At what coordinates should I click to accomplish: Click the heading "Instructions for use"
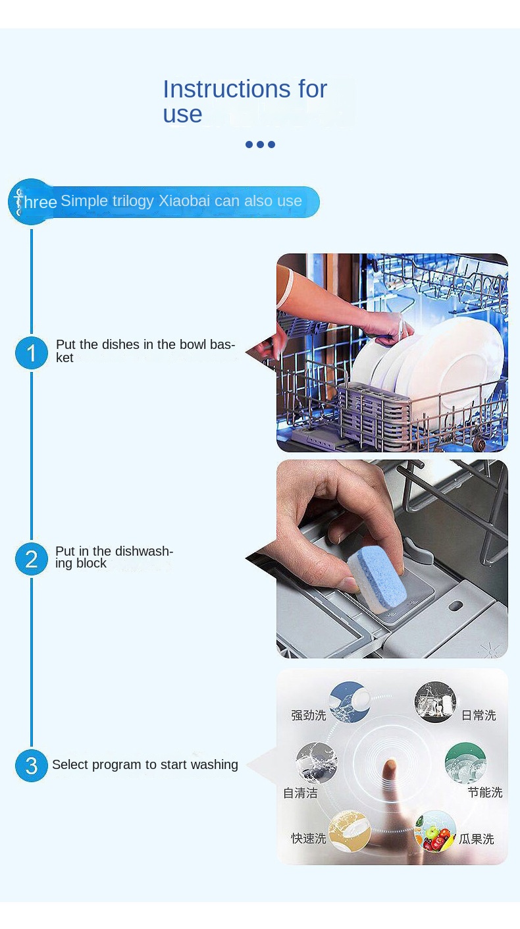(244, 101)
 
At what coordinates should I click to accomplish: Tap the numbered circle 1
(32, 353)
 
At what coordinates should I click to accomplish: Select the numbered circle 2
(32, 559)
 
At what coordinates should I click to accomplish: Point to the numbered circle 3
(32, 766)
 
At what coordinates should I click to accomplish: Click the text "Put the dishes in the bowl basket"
(145, 351)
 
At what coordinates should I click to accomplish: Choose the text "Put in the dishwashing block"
(114, 557)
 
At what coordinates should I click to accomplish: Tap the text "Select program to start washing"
(145, 764)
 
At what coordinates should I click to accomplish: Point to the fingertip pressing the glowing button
(390, 767)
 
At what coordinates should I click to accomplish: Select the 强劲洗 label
(308, 715)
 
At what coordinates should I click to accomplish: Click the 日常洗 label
(479, 715)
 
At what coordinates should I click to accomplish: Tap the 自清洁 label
(300, 793)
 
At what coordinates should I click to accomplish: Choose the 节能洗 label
(485, 792)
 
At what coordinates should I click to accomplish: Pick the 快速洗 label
(308, 838)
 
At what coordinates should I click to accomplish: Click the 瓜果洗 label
(477, 839)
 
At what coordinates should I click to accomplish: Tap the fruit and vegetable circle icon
(435, 831)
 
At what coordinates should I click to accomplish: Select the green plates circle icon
(465, 763)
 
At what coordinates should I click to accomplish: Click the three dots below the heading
(260, 144)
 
